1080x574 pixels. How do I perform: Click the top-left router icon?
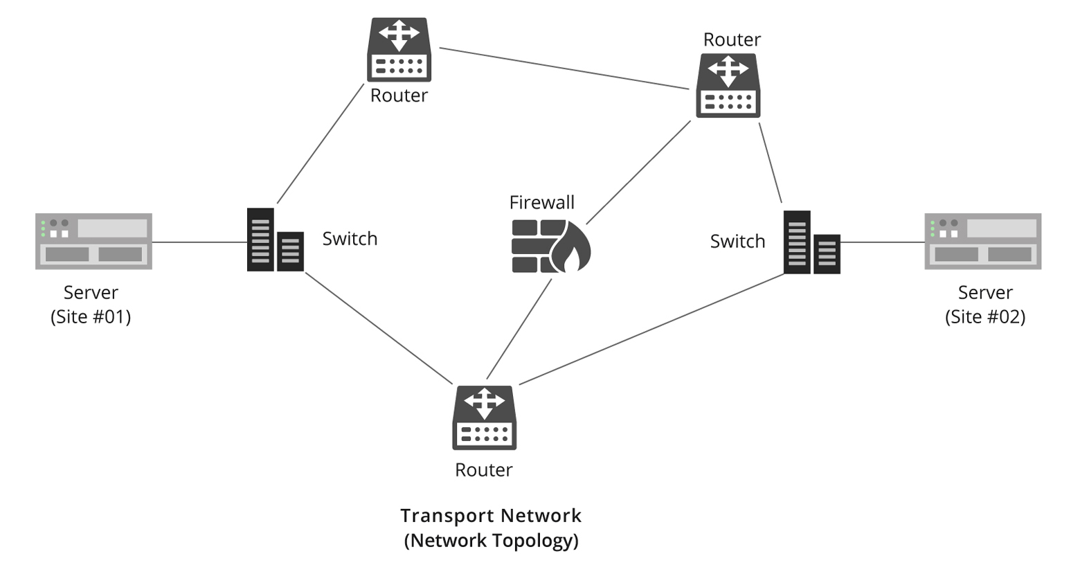pos(399,50)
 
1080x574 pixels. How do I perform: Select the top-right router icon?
pos(728,86)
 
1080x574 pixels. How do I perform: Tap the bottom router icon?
pos(484,418)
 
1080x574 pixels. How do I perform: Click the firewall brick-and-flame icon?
pos(550,246)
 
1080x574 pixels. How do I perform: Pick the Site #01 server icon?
pos(93,241)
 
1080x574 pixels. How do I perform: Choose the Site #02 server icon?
pos(982,241)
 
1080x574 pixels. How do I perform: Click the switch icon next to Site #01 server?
pos(275,240)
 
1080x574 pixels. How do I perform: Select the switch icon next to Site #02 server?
pos(811,242)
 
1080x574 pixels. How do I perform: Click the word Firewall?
pos(541,202)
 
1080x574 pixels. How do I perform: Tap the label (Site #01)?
pos(91,316)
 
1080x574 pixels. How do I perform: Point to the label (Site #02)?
pos(985,316)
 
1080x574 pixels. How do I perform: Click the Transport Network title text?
pos(491,516)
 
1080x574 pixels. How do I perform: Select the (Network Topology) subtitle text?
pos(491,540)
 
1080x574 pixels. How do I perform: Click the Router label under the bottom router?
pos(483,469)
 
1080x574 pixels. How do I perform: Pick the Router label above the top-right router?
pos(732,39)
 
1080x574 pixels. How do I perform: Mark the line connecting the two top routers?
pos(564,69)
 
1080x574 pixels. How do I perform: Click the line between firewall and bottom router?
pos(519,329)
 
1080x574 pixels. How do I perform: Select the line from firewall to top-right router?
pos(638,172)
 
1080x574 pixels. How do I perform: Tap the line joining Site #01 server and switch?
pos(199,242)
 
